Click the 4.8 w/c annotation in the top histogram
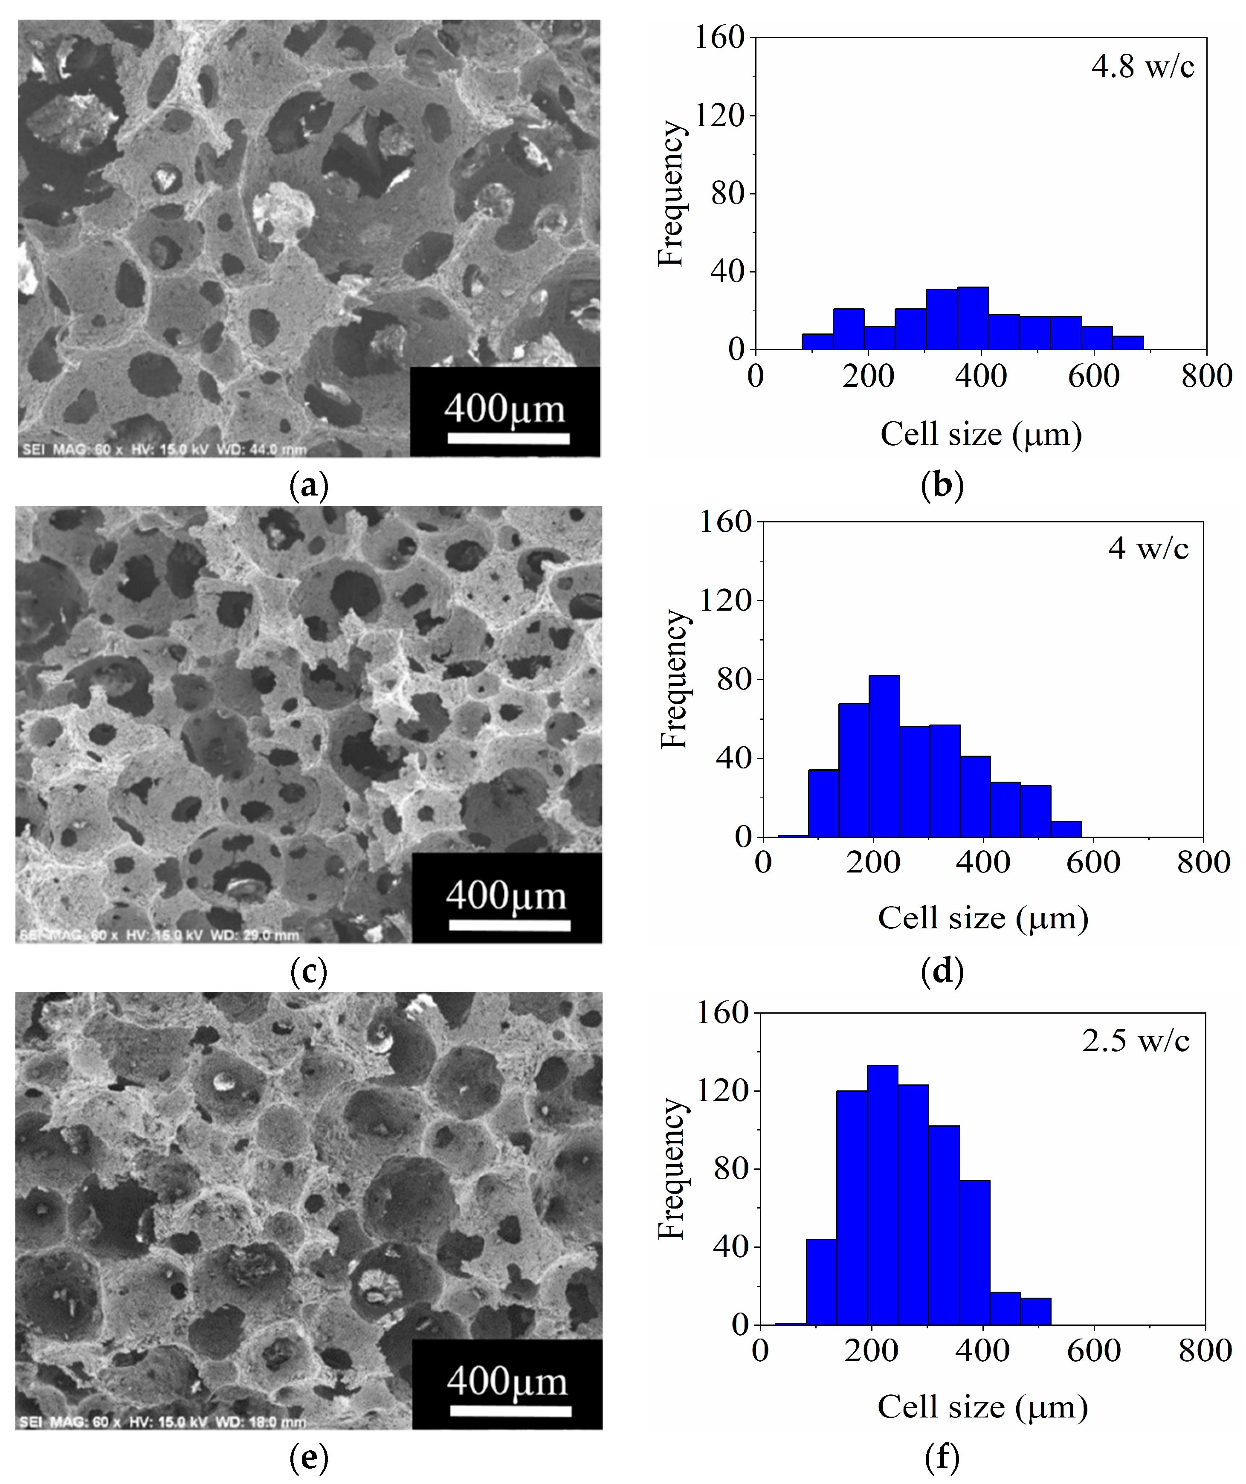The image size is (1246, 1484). (x=1142, y=67)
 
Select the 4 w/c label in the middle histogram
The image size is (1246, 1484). (x=1148, y=548)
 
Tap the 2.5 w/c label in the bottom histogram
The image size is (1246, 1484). (x=1135, y=1041)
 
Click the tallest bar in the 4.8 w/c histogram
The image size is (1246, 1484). (x=973, y=318)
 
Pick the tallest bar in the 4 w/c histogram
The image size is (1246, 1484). (x=884, y=756)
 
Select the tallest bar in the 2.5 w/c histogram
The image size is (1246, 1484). (x=882, y=1195)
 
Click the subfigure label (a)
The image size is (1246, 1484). (x=309, y=486)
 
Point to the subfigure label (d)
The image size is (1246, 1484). (x=942, y=972)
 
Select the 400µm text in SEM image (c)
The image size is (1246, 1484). (x=506, y=896)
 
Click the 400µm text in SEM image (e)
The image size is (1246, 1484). (x=507, y=1382)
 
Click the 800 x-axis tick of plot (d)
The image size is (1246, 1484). (x=1203, y=862)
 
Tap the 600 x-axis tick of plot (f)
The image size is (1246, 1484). (x=1093, y=1351)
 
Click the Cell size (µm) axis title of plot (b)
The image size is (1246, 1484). (x=981, y=434)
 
